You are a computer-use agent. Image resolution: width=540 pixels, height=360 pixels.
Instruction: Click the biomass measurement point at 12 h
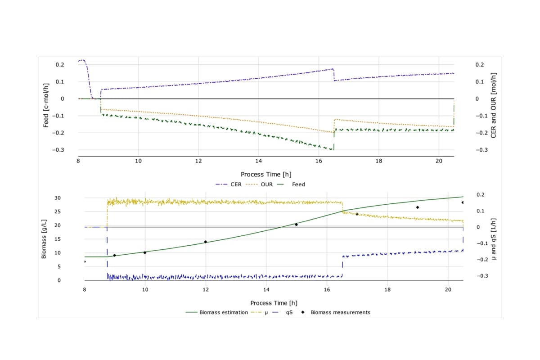click(206, 242)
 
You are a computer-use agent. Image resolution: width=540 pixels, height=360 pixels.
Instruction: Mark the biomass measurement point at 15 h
click(296, 225)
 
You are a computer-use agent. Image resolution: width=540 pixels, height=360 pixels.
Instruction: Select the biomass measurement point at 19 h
click(418, 207)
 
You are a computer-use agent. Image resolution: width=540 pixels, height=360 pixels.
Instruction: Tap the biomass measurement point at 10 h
click(145, 252)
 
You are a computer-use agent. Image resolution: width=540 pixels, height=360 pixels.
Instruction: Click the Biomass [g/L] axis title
click(44, 238)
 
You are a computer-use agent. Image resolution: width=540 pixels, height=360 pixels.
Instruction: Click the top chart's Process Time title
click(266, 174)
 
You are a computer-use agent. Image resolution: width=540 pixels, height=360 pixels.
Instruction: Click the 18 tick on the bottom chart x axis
click(387, 289)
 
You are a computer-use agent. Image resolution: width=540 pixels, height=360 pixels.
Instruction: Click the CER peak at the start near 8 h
click(82, 60)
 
